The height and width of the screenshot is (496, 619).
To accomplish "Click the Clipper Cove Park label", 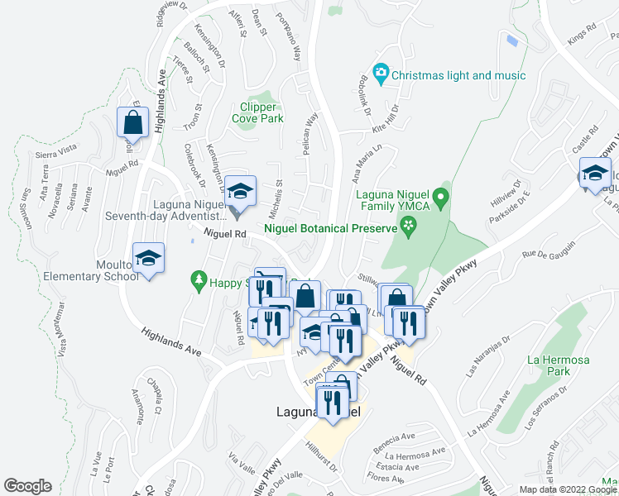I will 262,112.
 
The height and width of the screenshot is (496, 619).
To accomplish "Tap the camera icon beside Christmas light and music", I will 381,75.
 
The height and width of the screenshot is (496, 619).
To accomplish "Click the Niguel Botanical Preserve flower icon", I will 408,226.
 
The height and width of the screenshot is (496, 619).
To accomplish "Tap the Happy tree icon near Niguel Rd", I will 198,282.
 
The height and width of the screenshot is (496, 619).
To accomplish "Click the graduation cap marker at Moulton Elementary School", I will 148,258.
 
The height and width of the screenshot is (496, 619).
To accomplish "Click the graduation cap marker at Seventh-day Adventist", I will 239,192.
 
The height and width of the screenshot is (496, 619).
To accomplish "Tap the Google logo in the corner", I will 27,486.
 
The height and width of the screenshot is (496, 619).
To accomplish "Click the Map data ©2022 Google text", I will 567,489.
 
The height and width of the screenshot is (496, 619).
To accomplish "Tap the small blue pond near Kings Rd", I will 513,39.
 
